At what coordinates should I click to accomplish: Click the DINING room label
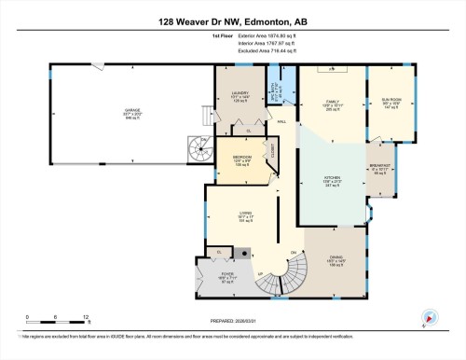(x=336, y=263)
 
